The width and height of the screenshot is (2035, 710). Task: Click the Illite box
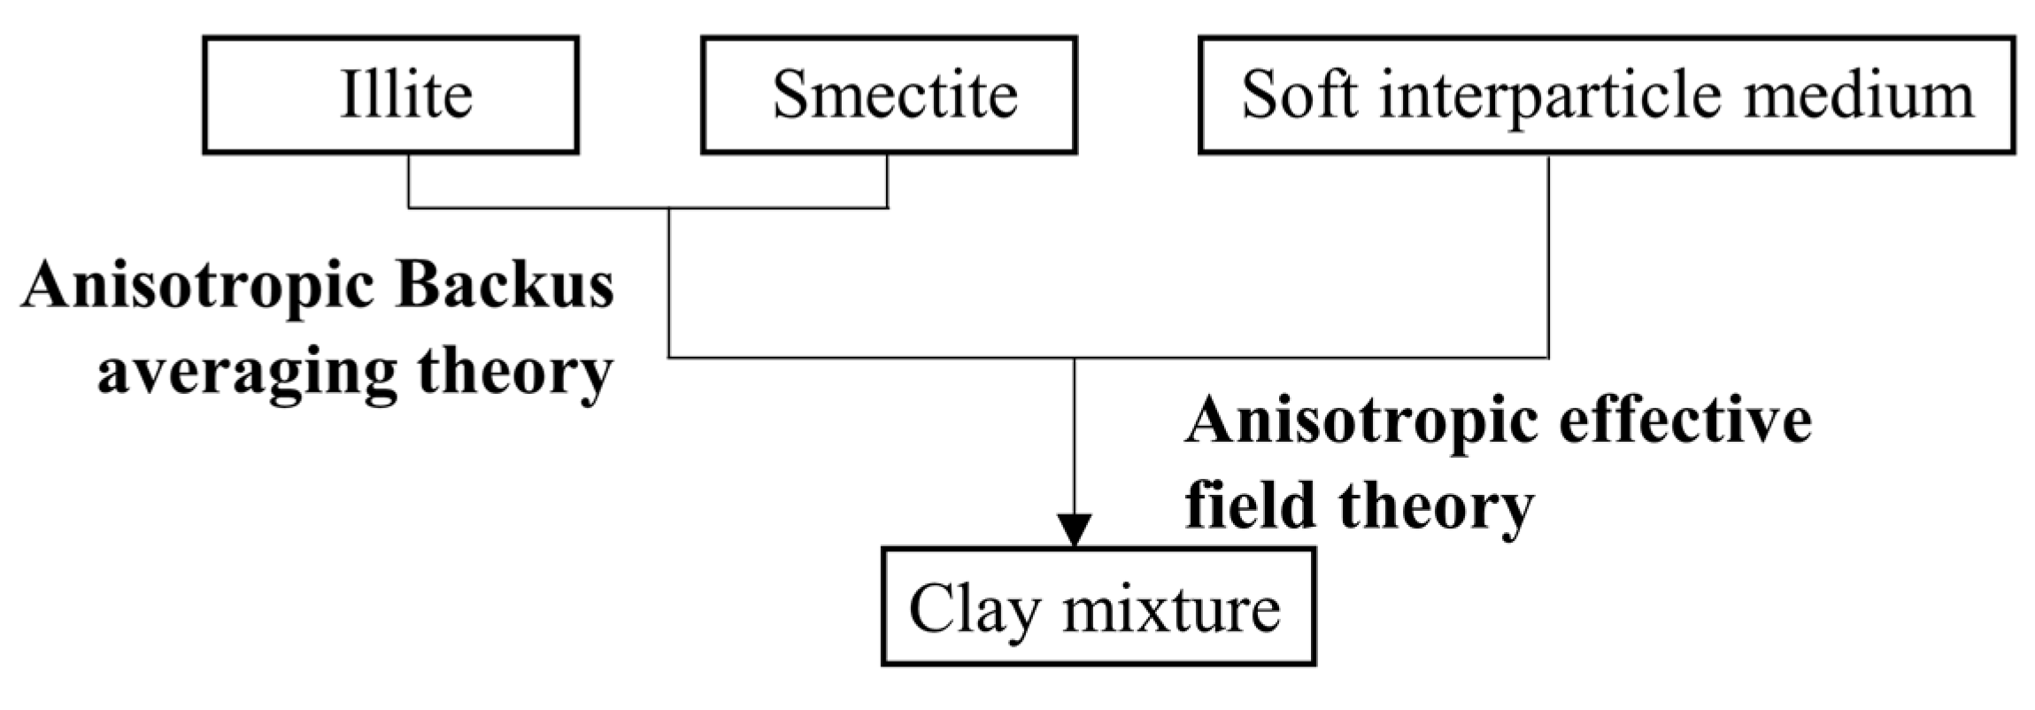(x=390, y=95)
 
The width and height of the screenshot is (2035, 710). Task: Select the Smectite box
(x=889, y=95)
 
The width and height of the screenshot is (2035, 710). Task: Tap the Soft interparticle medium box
(x=1606, y=95)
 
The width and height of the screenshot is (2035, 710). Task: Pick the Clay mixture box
(x=1098, y=606)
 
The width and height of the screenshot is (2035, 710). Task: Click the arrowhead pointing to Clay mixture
(x=1075, y=530)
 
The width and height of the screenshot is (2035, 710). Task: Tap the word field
(x=1249, y=505)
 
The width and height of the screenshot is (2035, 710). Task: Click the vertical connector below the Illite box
(x=408, y=181)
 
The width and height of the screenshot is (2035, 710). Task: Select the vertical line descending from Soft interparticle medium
(x=1548, y=257)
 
